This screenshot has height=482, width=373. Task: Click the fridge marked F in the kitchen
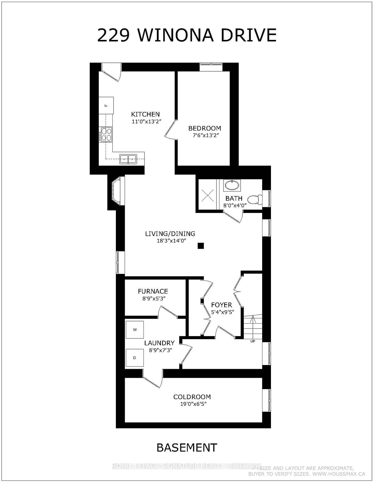point(106,105)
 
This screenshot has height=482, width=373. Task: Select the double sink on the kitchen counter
point(128,159)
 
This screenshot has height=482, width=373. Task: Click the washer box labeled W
point(135,330)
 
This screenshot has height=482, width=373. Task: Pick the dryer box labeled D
point(134,358)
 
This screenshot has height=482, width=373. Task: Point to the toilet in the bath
point(255,200)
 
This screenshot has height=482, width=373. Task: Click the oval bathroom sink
point(232,185)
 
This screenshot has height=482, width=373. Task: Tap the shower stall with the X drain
point(208,195)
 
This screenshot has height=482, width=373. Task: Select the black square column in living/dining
point(200,246)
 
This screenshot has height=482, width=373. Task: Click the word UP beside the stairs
point(253,341)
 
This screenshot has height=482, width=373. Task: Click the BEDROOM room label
point(205,128)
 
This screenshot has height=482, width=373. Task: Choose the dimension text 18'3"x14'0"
point(171,241)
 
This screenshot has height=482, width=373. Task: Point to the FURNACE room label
point(153,291)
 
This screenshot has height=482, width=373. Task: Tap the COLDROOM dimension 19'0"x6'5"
point(192,404)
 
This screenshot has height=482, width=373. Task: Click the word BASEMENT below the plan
point(187,447)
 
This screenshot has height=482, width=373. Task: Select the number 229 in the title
point(113,35)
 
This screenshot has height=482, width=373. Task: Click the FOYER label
point(221,305)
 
